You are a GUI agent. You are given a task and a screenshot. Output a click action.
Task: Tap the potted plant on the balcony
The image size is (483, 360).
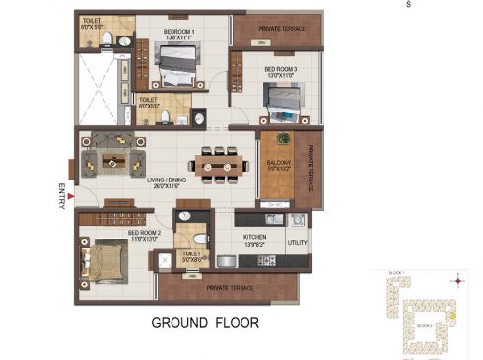[x=283, y=138]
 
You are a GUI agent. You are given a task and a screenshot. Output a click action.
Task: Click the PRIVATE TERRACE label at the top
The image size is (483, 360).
[x=277, y=29]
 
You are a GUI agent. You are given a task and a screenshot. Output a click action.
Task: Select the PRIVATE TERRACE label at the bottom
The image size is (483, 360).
[x=230, y=287]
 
